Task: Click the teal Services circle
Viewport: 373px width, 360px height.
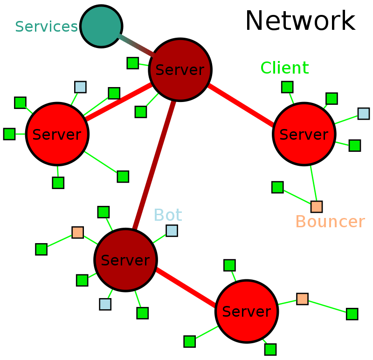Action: click(101, 26)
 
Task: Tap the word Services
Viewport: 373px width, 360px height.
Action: click(46, 27)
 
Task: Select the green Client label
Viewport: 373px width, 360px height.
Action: click(284, 68)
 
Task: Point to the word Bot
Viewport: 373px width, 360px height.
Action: click(167, 215)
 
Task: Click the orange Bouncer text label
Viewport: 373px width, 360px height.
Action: click(330, 222)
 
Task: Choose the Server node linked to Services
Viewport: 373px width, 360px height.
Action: click(180, 70)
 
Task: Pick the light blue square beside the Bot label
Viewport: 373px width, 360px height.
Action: click(172, 231)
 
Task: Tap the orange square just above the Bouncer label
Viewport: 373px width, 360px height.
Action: click(317, 207)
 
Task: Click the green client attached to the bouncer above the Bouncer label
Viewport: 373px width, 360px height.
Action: click(277, 187)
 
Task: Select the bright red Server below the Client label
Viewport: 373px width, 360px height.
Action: click(304, 134)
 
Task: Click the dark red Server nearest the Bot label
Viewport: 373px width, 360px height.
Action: click(125, 260)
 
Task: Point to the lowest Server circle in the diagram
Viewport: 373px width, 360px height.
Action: click(247, 311)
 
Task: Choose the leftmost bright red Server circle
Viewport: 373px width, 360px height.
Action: click(57, 134)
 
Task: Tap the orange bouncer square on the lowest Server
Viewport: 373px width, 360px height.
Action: click(302, 299)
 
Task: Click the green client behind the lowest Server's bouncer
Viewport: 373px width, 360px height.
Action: click(352, 314)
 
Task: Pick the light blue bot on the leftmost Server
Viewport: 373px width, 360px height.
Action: click(80, 87)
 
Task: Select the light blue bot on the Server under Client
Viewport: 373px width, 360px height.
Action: click(364, 114)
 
